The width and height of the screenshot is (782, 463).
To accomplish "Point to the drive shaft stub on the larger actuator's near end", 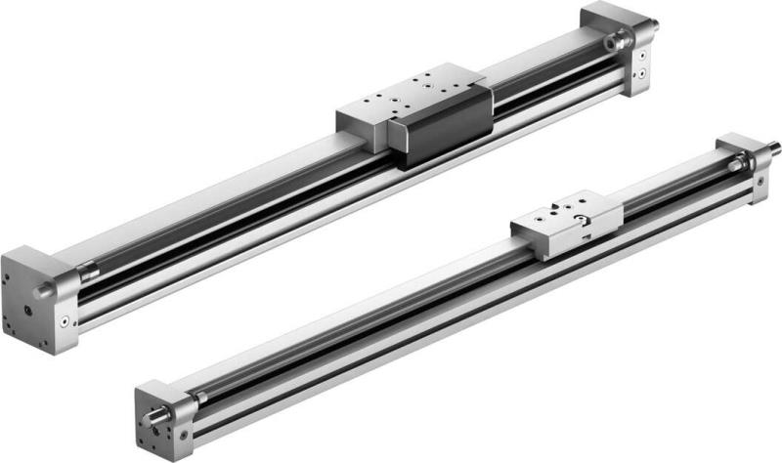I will (x=45, y=292).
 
